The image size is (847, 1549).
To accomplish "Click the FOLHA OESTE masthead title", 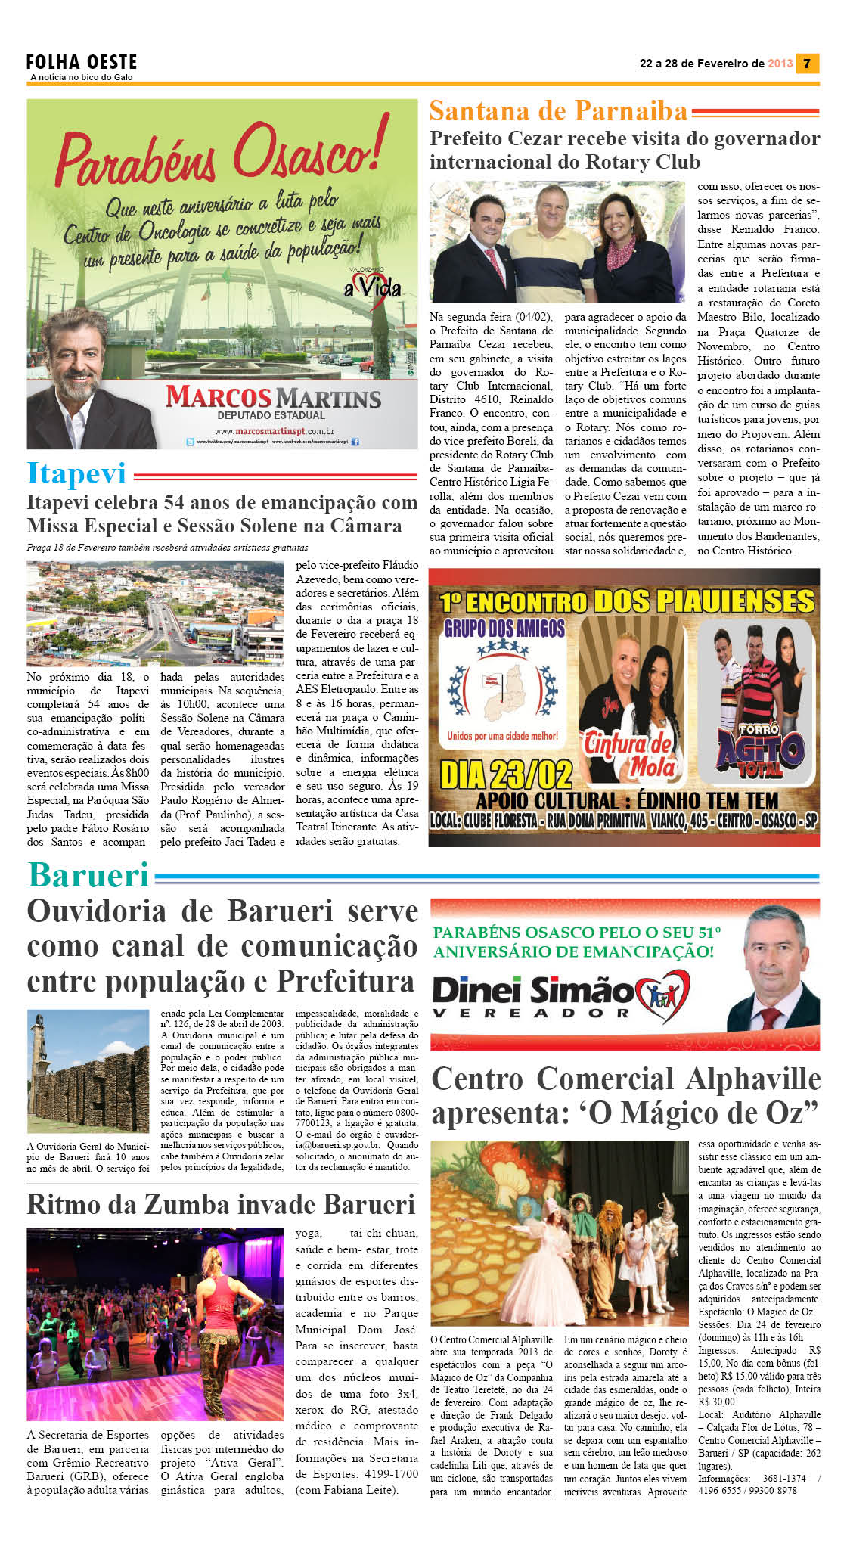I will (x=82, y=61).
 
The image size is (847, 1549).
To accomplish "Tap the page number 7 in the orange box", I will (x=807, y=64).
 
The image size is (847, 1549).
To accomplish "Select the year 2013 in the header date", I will (x=780, y=64).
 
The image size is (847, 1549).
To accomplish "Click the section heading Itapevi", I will (x=76, y=473).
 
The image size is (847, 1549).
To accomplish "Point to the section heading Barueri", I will (x=88, y=875).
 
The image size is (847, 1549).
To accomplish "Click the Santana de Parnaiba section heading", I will (x=558, y=111).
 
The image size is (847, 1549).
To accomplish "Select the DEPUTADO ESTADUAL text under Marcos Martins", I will (x=271, y=415).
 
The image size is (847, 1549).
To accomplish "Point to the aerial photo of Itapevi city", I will (x=155, y=613).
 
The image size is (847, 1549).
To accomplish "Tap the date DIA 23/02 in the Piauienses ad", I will (x=506, y=774).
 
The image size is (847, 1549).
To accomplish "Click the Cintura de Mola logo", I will (x=629, y=753).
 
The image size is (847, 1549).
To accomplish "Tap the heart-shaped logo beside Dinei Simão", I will (x=662, y=995).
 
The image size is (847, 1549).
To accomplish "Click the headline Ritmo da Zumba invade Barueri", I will (x=221, y=1204).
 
